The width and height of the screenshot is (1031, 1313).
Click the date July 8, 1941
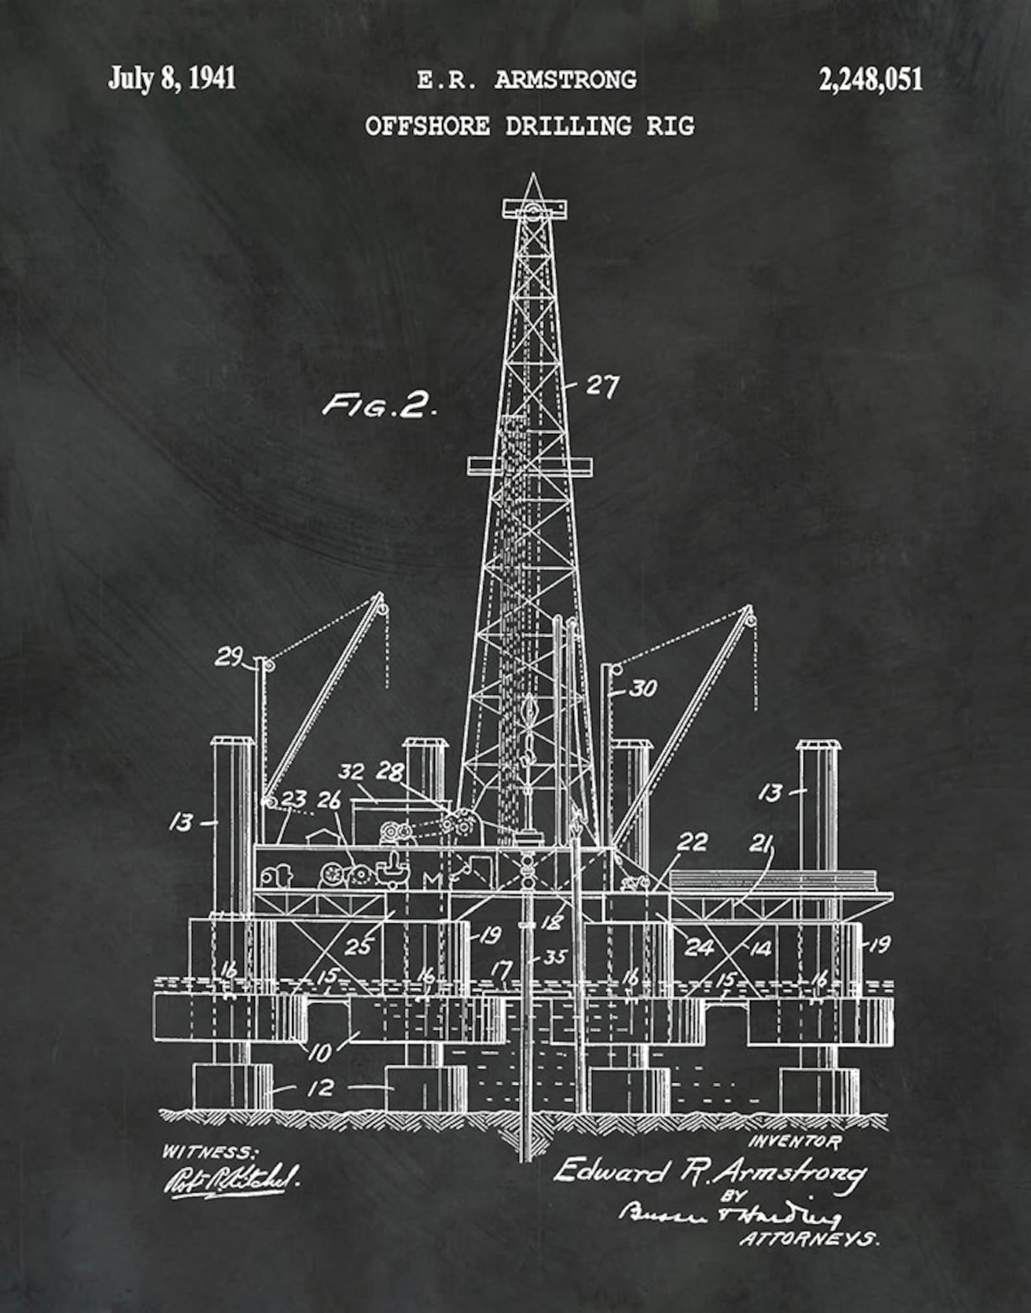[171, 79]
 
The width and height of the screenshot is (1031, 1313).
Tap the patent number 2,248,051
[870, 79]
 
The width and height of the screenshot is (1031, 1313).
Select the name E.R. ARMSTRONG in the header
[527, 81]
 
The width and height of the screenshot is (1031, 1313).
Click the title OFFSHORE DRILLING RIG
[529, 125]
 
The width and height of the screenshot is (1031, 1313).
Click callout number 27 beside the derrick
[602, 386]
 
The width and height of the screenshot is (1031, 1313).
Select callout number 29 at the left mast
[229, 658]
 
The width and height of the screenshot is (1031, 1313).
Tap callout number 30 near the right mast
[642, 688]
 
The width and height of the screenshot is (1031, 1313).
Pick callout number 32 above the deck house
[351, 772]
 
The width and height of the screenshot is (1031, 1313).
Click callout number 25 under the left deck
[357, 947]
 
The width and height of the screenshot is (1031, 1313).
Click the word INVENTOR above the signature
[795, 1141]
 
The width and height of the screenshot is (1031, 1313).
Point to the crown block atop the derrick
[534, 209]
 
